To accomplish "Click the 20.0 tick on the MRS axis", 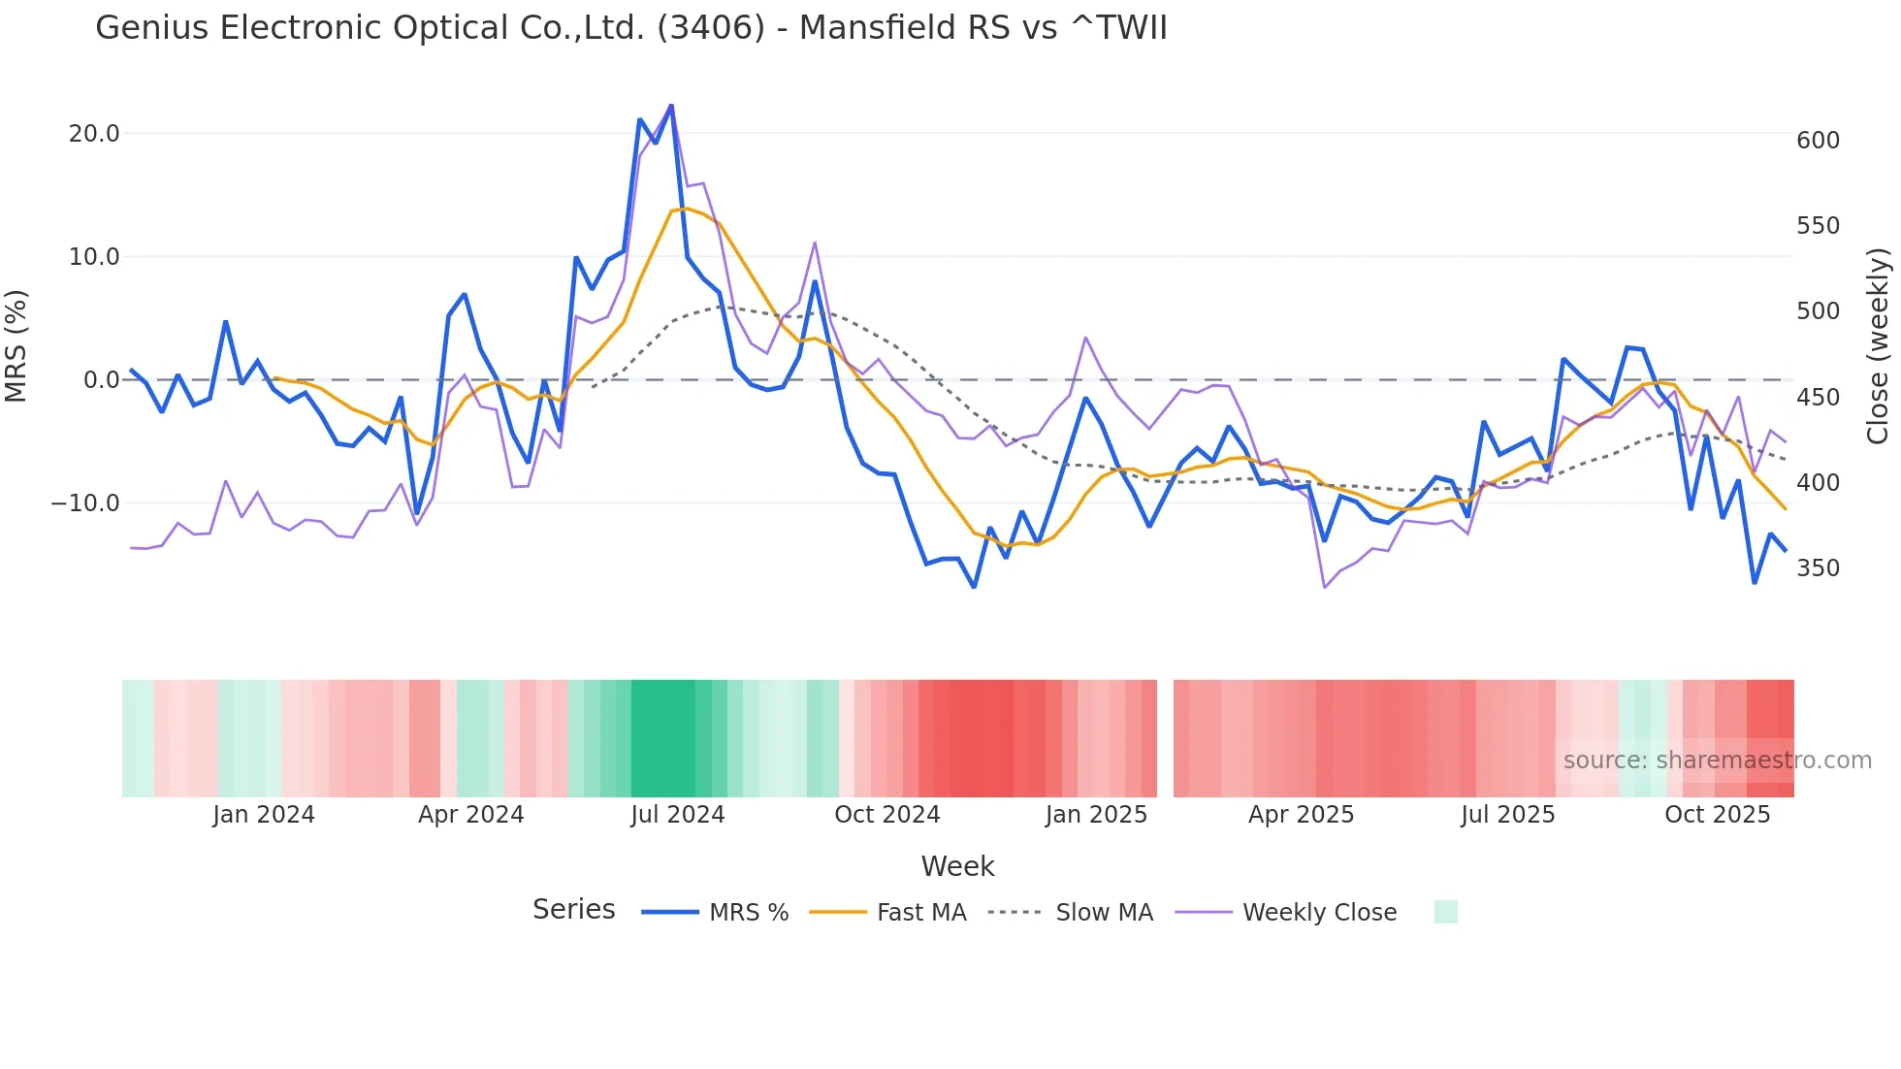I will (x=93, y=134).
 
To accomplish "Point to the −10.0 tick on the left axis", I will (x=85, y=503).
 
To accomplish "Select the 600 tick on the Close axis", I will (x=1818, y=141).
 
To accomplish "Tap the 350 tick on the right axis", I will (x=1818, y=568).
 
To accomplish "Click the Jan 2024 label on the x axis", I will (x=264, y=815).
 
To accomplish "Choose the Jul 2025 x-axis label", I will (x=1507, y=815).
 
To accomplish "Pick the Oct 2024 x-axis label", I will (x=886, y=815).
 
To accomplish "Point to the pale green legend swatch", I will (x=1445, y=912).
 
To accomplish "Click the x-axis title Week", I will (x=957, y=866).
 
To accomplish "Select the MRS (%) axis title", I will (x=16, y=345).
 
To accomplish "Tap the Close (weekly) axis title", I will (x=1878, y=346).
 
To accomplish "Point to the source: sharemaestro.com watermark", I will (x=1717, y=761).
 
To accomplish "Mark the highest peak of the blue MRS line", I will (x=671, y=106).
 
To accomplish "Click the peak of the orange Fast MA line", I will (x=685, y=209).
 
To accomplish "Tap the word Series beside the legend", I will (x=573, y=910).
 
